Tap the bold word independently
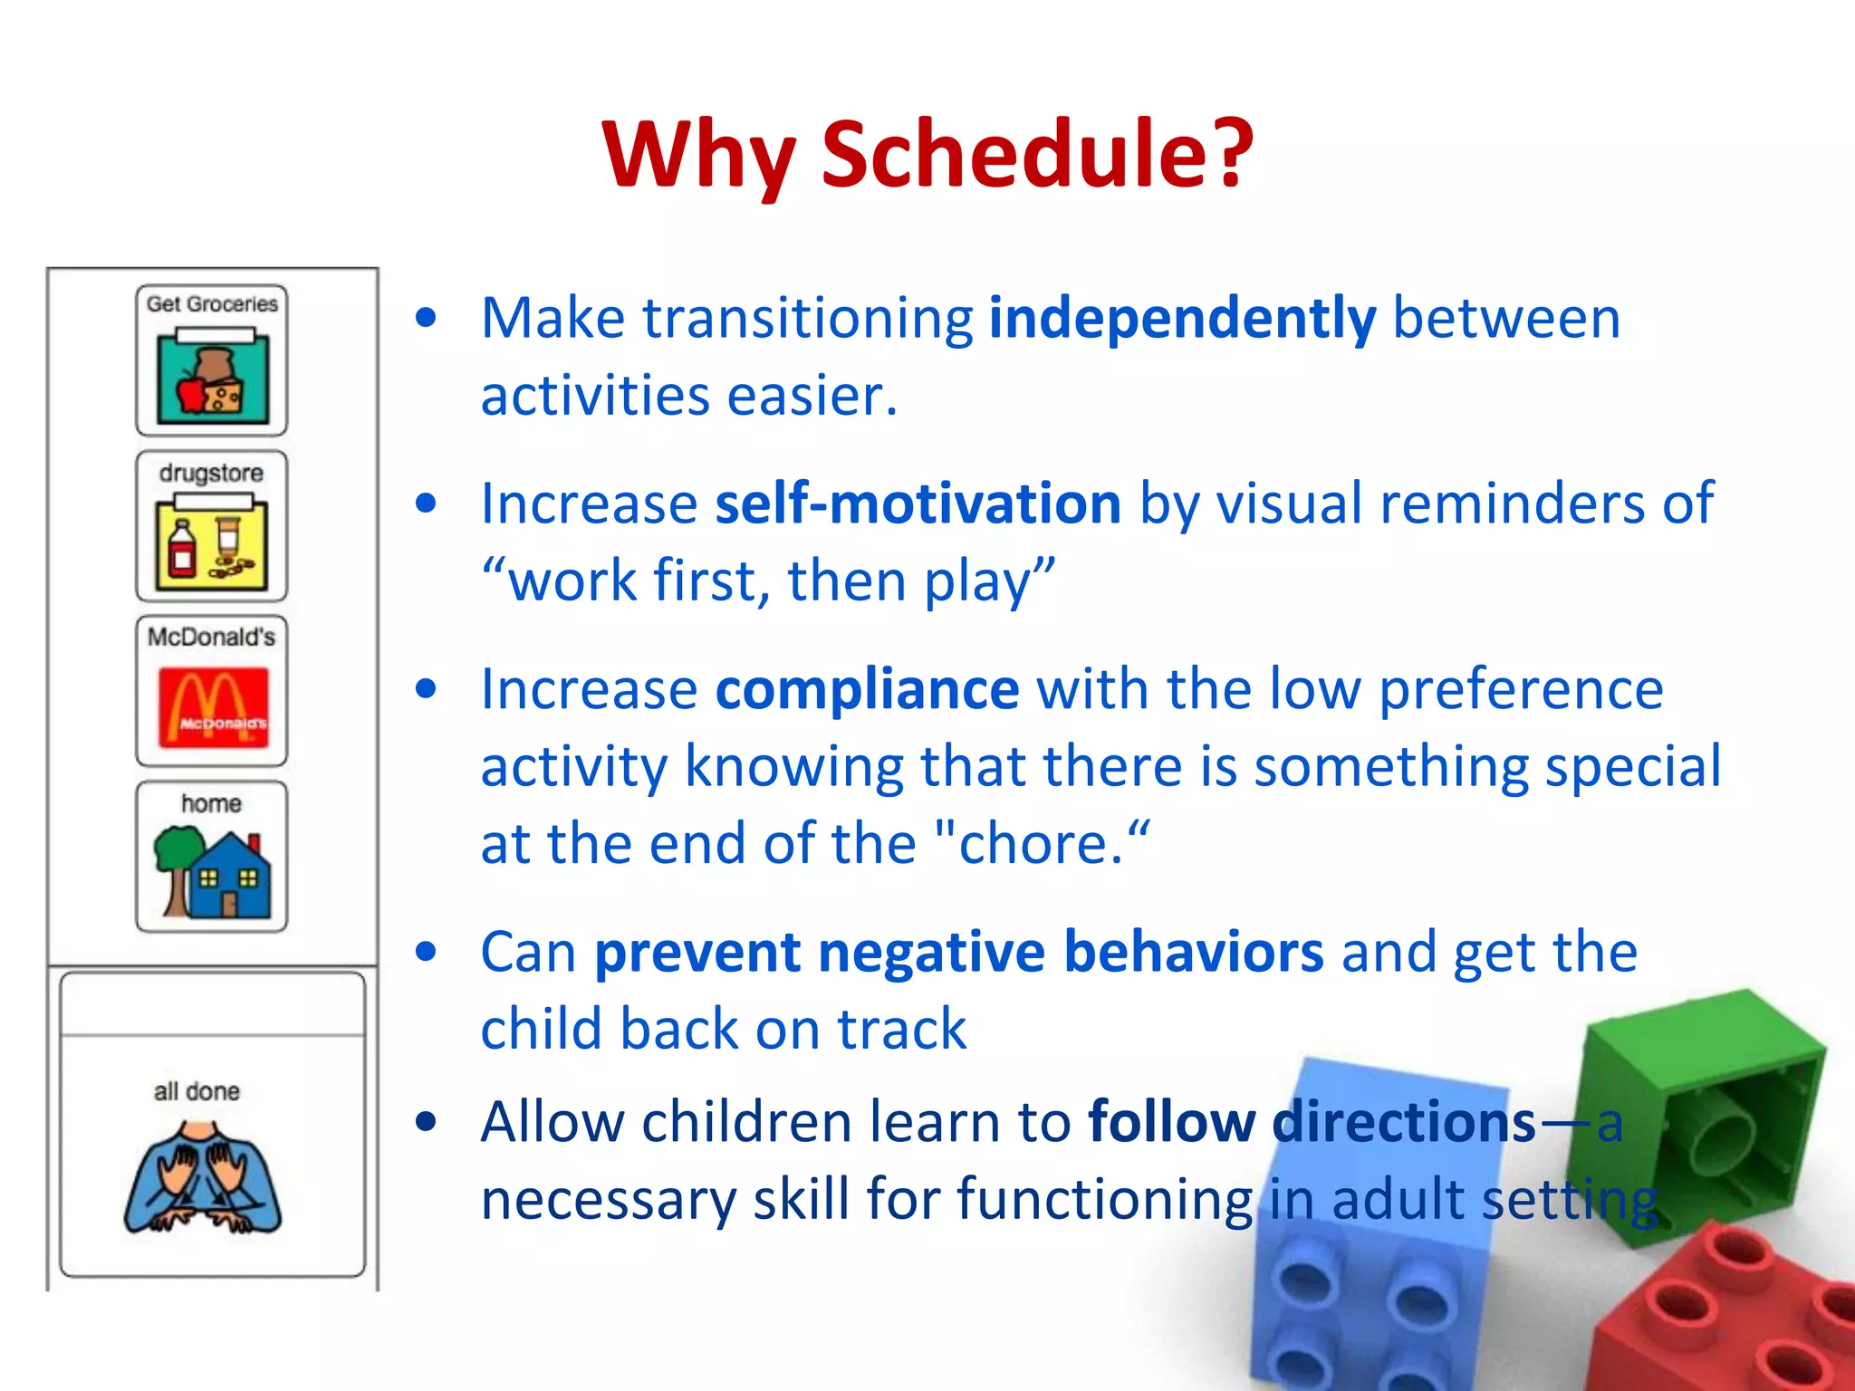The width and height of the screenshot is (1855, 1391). [1182, 319]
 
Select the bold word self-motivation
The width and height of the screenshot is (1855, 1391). [918, 504]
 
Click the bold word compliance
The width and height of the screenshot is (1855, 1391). [867, 689]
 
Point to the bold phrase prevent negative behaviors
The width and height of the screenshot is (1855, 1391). [958, 953]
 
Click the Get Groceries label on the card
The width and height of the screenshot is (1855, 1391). [212, 304]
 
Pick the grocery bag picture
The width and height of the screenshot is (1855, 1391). [212, 380]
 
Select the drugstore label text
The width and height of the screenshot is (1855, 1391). [211, 473]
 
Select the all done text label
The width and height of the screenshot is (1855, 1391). [197, 1091]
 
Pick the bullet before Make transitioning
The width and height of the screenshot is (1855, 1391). [426, 319]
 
